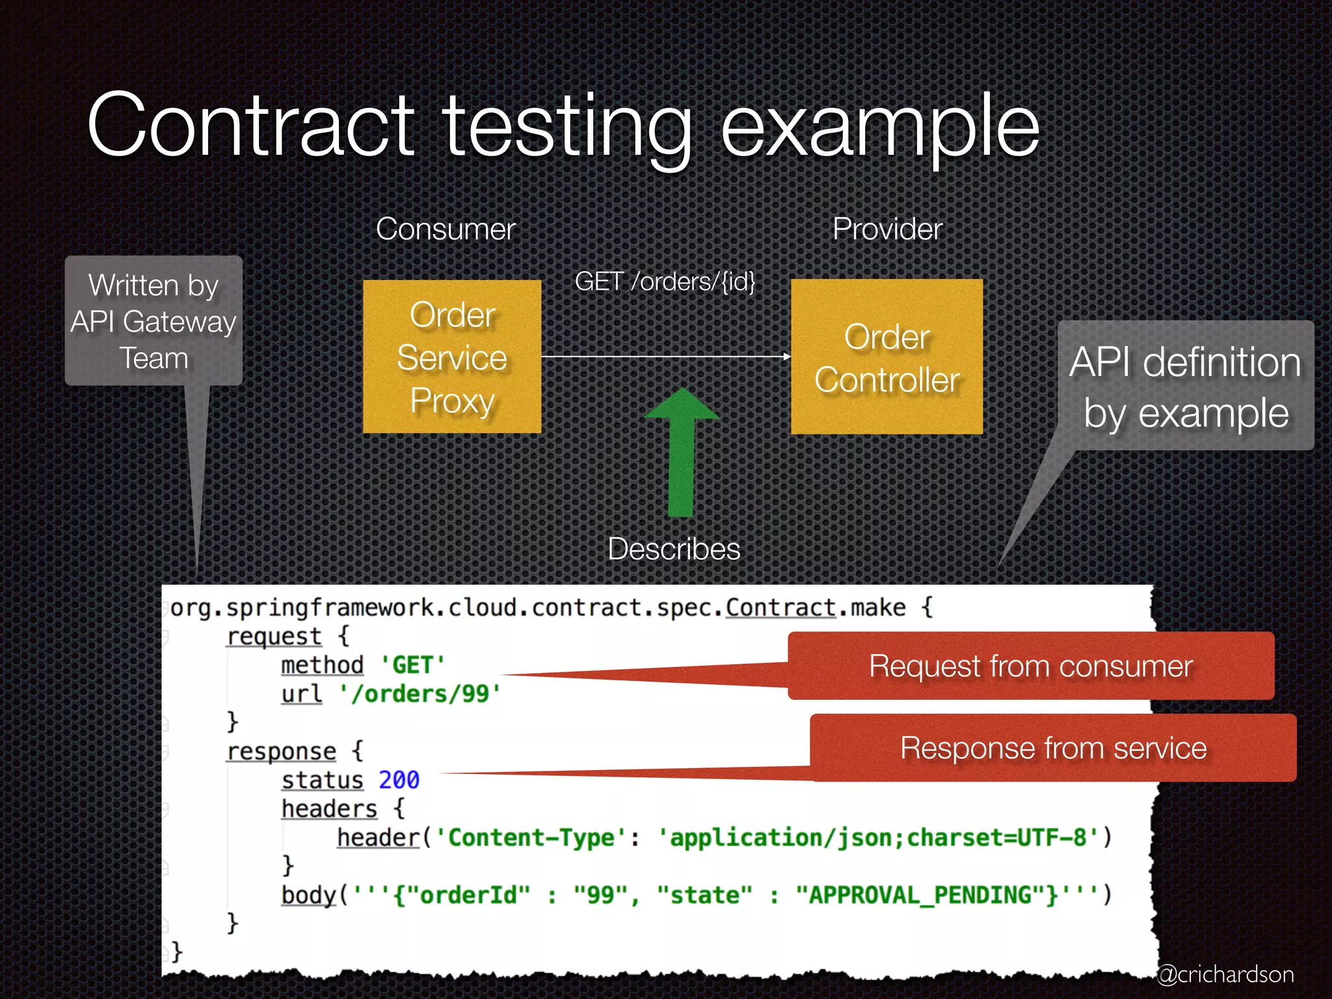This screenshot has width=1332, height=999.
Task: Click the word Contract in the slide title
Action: click(250, 125)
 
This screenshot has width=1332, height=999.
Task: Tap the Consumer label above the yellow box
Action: click(446, 229)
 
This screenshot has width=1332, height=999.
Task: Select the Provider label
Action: click(887, 229)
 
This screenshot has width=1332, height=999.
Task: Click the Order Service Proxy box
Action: click(452, 357)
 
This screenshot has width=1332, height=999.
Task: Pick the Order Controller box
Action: click(886, 357)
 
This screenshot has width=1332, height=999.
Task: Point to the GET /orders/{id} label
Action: click(665, 282)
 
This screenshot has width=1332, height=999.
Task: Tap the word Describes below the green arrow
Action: click(674, 549)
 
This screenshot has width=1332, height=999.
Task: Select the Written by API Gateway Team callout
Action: click(153, 321)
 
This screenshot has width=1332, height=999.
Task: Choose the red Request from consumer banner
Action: click(1031, 666)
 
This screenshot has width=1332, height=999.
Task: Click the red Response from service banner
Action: click(1053, 748)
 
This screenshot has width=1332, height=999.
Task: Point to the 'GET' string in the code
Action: click(412, 665)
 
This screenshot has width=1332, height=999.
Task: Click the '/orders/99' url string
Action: click(420, 694)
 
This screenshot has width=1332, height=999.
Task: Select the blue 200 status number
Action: click(399, 780)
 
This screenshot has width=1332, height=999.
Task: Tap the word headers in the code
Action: click(329, 809)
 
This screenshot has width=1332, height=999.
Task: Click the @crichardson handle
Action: click(1225, 974)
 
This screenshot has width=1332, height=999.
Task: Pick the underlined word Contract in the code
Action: click(780, 607)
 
